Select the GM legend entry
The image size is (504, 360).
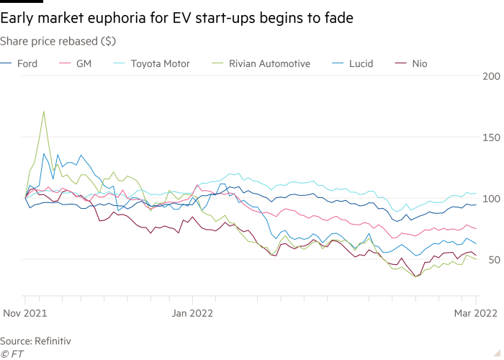[x=84, y=64]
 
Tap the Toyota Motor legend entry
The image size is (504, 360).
[x=159, y=64]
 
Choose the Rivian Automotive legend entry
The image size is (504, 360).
[x=269, y=64]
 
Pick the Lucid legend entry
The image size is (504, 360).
[x=361, y=64]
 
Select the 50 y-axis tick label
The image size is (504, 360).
[x=492, y=259]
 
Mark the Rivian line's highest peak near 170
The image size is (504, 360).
[x=44, y=112]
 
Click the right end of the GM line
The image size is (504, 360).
[x=476, y=229]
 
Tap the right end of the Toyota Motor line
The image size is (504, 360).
[x=476, y=193]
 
